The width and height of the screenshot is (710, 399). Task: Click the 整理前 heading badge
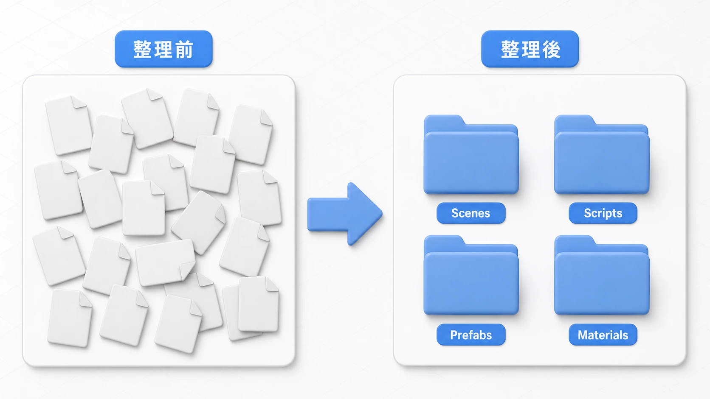pyautogui.click(x=163, y=49)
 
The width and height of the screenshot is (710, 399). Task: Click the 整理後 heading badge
pyautogui.click(x=530, y=49)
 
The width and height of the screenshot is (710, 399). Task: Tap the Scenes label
pyautogui.click(x=471, y=213)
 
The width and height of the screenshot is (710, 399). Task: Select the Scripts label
pyautogui.click(x=603, y=213)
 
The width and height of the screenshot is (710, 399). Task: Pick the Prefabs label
pyautogui.click(x=471, y=335)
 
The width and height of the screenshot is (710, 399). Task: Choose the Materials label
pyautogui.click(x=603, y=335)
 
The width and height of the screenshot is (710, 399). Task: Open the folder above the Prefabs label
pyautogui.click(x=471, y=275)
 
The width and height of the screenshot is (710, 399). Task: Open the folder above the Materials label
pyautogui.click(x=602, y=275)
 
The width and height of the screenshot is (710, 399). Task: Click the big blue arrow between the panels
pyautogui.click(x=345, y=214)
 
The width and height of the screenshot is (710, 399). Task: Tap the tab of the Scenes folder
pyautogui.click(x=444, y=120)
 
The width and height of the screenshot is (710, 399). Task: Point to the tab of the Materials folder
pyautogui.click(x=575, y=240)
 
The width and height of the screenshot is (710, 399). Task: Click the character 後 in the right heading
pyautogui.click(x=552, y=49)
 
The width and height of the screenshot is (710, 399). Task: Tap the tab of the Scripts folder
pyautogui.click(x=575, y=120)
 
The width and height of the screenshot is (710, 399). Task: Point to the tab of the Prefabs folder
pyautogui.click(x=444, y=240)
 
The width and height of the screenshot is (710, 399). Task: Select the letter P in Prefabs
pyautogui.click(x=454, y=335)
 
